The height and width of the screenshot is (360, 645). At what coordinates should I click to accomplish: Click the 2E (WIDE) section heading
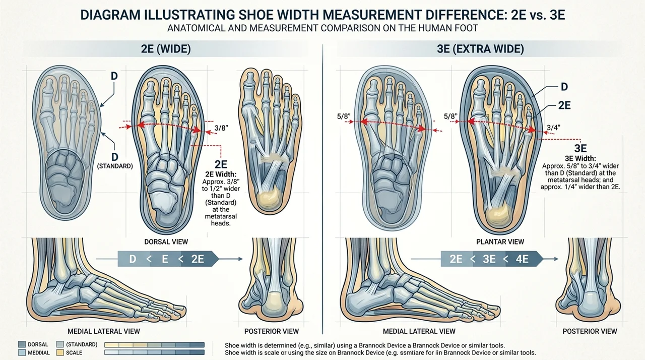(166, 49)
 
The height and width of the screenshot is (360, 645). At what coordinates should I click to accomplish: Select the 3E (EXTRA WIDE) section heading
(480, 49)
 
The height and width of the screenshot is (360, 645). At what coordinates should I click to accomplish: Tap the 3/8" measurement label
(221, 128)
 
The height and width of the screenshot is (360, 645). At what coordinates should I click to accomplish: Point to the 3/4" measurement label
(553, 128)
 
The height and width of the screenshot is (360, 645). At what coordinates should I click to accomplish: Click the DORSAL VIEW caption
(166, 242)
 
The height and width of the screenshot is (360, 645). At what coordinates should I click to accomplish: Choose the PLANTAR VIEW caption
(500, 242)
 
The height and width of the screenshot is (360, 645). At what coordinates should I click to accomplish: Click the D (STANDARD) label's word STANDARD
(115, 166)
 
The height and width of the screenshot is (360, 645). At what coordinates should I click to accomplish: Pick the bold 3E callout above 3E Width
(580, 148)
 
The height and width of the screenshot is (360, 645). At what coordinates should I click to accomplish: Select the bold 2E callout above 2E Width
(221, 164)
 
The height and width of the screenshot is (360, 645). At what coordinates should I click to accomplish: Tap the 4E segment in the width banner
(522, 259)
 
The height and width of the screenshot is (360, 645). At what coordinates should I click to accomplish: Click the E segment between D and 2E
(165, 259)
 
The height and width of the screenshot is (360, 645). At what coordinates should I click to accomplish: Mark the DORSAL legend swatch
(22, 344)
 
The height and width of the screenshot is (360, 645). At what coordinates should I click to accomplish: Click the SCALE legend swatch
(60, 352)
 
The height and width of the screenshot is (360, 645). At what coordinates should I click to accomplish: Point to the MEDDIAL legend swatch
(22, 352)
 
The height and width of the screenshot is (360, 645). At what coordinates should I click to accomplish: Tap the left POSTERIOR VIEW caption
(272, 331)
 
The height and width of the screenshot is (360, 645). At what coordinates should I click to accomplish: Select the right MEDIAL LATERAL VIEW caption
(419, 331)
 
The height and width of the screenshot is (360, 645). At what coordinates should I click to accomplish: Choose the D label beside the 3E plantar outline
(564, 87)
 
